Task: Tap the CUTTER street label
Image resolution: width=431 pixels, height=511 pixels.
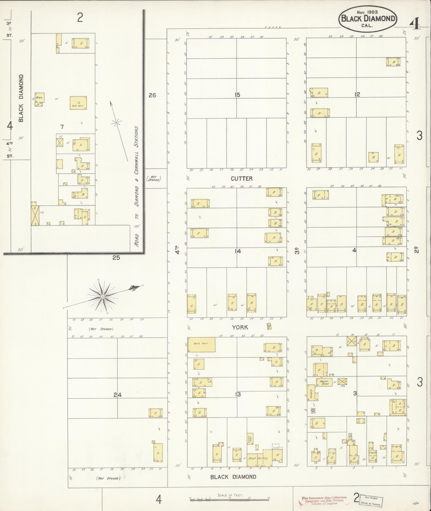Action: (242, 178)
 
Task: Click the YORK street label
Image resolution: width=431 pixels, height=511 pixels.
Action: (240, 327)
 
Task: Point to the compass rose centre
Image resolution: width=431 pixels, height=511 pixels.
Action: (103, 297)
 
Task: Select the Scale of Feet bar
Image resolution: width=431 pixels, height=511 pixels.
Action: (230, 499)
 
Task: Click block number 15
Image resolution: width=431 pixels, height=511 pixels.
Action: (237, 95)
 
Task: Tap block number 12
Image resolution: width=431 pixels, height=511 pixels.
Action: (357, 94)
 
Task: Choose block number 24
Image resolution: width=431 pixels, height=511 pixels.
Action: (118, 395)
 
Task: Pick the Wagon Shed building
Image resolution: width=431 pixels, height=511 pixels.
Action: (324, 382)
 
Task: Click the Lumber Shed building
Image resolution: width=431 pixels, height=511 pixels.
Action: (250, 439)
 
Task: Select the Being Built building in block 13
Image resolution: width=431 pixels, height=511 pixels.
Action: (201, 344)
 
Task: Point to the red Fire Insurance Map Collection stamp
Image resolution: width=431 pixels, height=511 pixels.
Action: (324, 501)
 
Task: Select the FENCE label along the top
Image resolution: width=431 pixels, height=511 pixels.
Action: (273, 28)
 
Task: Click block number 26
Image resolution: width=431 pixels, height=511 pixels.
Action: (152, 95)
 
